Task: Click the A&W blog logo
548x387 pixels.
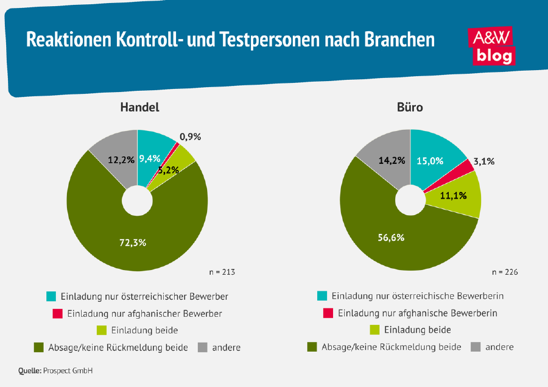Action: [x=491, y=46]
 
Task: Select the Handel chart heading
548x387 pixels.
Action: [x=139, y=107]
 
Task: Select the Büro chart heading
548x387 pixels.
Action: [x=410, y=107]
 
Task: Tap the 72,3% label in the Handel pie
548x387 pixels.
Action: [x=132, y=242]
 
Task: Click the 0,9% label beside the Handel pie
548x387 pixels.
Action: [x=190, y=137]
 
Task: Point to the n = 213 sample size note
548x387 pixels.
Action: [x=222, y=272]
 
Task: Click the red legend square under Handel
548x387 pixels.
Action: [x=58, y=313]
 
